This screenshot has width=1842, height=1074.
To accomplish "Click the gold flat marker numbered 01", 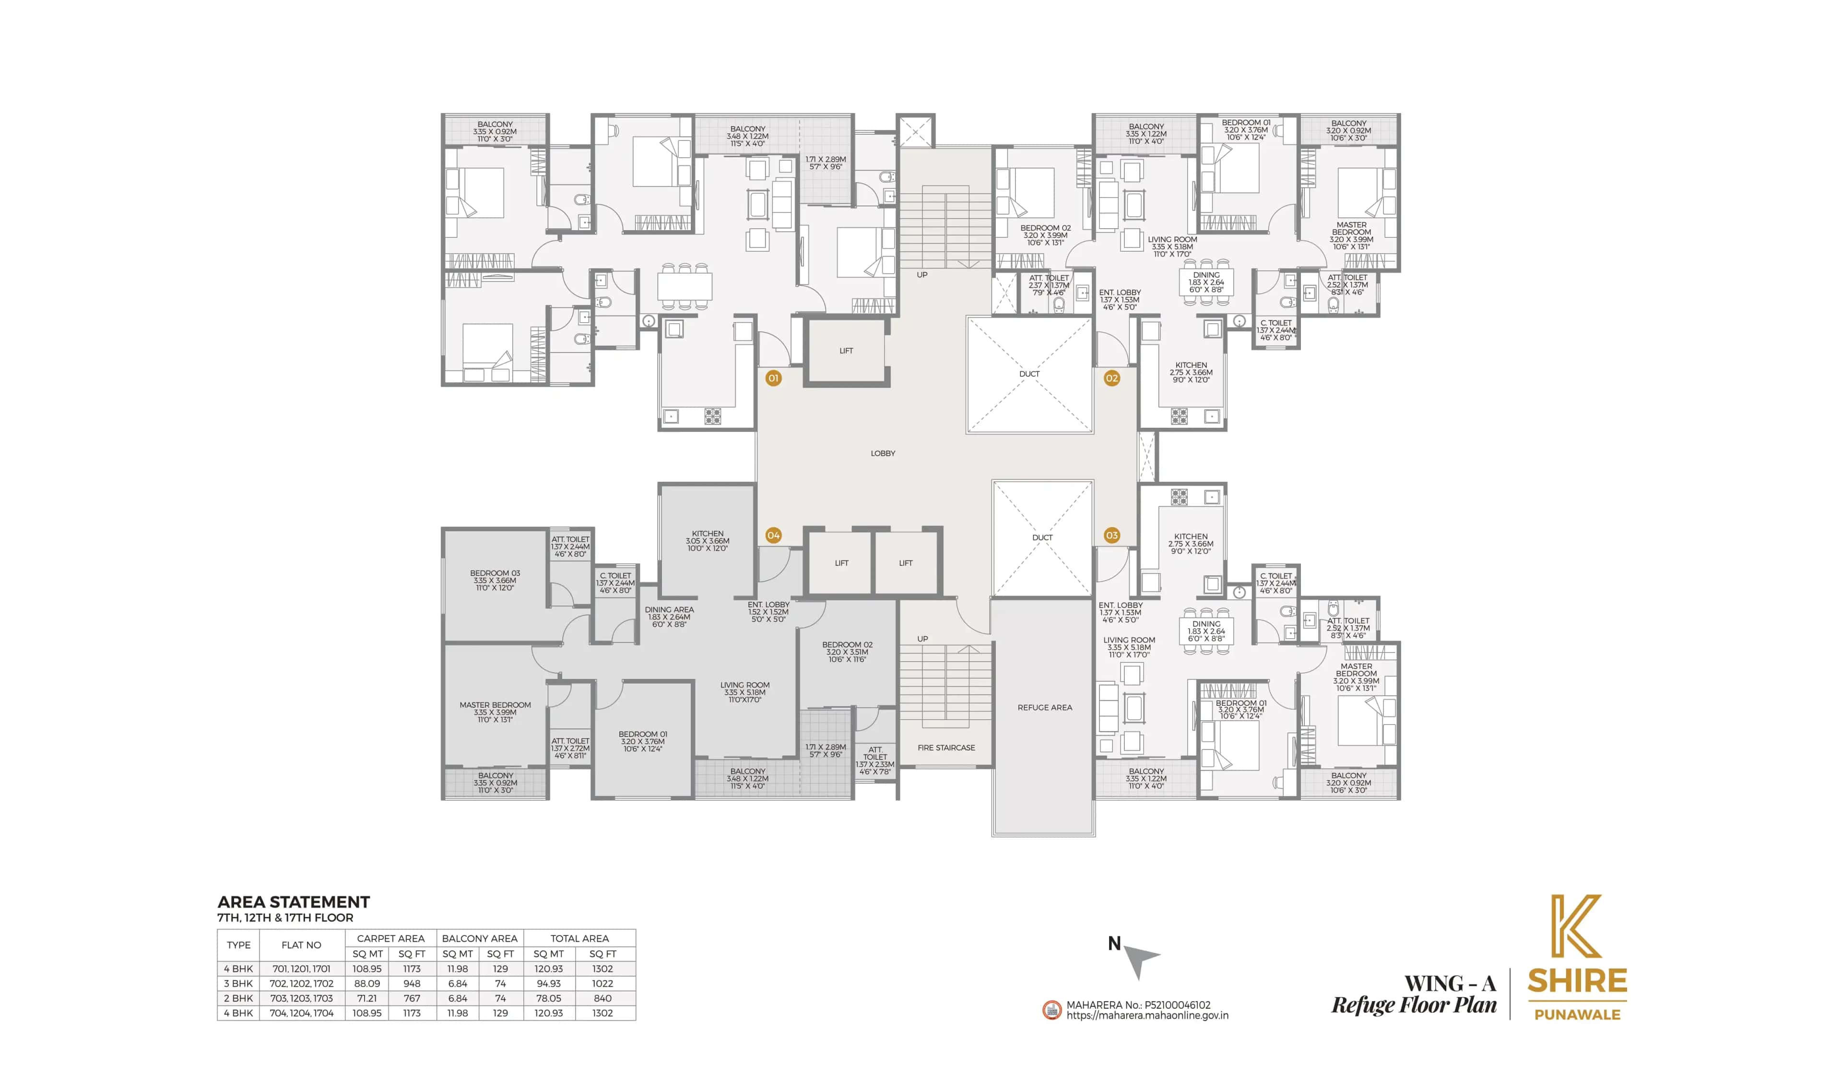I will pos(773,378).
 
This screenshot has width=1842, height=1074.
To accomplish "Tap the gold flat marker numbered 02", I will pos(1112,378).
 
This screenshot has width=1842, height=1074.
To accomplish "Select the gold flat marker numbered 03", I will pos(1112,536).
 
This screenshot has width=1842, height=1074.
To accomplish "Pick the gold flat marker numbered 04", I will pos(773,536).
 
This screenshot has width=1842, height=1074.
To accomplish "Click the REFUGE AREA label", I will pos(1045,707).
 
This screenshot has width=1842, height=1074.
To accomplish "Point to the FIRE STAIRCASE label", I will pos(946,747).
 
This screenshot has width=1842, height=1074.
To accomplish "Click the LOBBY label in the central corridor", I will pos(883,453).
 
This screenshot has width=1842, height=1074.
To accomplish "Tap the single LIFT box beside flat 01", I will pos(846,350).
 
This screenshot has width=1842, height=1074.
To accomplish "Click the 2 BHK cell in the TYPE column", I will pos(238,998).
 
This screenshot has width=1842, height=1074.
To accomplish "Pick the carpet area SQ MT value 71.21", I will pos(367,998).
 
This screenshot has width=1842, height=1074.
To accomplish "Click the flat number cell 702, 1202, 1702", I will pos(301,983).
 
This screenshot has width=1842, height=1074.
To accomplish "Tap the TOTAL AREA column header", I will pos(579,938).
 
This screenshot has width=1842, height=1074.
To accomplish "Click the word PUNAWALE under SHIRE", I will pos(1577,1015).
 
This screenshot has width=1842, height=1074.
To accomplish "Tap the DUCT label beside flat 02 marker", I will pos(1029,374).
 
